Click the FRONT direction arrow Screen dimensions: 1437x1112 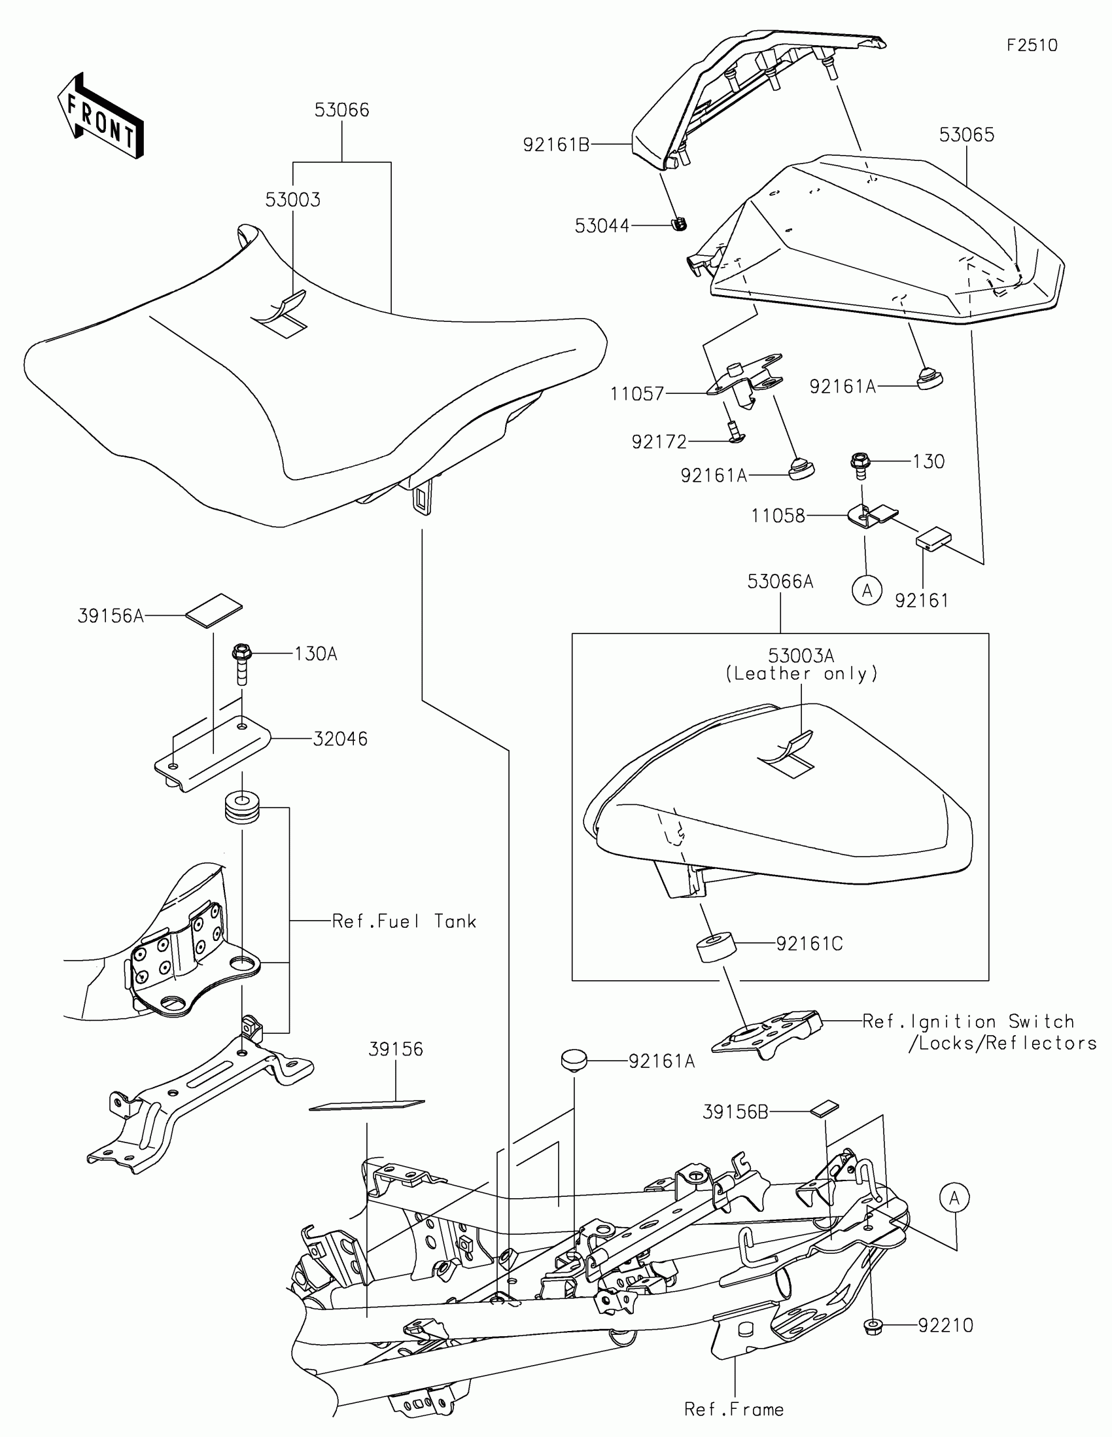[x=100, y=115]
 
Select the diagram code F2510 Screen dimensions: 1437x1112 [x=1032, y=45]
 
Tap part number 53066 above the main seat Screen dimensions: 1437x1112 [x=341, y=110]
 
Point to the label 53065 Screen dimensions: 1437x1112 [x=966, y=135]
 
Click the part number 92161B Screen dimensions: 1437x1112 [x=555, y=145]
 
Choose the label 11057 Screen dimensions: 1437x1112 [x=636, y=394]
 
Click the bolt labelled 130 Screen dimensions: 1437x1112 [x=860, y=464]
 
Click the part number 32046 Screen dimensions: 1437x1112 [x=340, y=739]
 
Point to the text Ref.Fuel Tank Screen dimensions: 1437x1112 [x=404, y=921]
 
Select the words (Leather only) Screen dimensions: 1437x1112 [x=801, y=674]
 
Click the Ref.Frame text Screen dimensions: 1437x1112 [x=734, y=1410]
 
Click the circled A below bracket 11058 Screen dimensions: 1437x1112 [x=867, y=591]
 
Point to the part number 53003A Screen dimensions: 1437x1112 [x=801, y=655]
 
